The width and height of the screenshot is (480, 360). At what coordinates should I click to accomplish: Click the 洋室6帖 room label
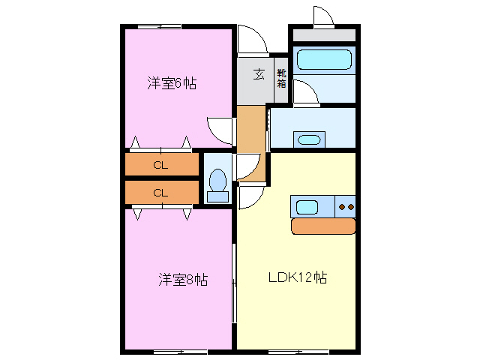[172, 84]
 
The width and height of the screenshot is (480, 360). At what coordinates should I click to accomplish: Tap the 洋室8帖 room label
[182, 280]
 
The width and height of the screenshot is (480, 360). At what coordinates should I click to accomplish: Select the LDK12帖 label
[298, 277]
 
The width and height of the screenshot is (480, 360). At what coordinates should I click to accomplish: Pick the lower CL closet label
[160, 193]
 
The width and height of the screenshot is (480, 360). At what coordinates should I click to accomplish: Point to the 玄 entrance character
[259, 73]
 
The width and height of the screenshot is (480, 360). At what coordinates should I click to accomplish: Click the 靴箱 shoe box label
[281, 78]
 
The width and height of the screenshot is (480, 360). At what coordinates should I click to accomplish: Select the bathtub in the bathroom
[323, 59]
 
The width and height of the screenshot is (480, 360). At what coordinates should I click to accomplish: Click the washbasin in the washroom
[308, 139]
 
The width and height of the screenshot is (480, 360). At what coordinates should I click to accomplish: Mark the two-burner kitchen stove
[346, 206]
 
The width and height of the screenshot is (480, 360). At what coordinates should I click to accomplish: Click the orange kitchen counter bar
[322, 226]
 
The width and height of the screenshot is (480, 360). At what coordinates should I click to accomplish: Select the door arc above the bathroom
[322, 16]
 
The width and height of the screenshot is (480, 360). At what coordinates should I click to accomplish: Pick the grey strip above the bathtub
[323, 35]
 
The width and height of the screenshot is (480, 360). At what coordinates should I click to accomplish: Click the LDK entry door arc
[250, 198]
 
